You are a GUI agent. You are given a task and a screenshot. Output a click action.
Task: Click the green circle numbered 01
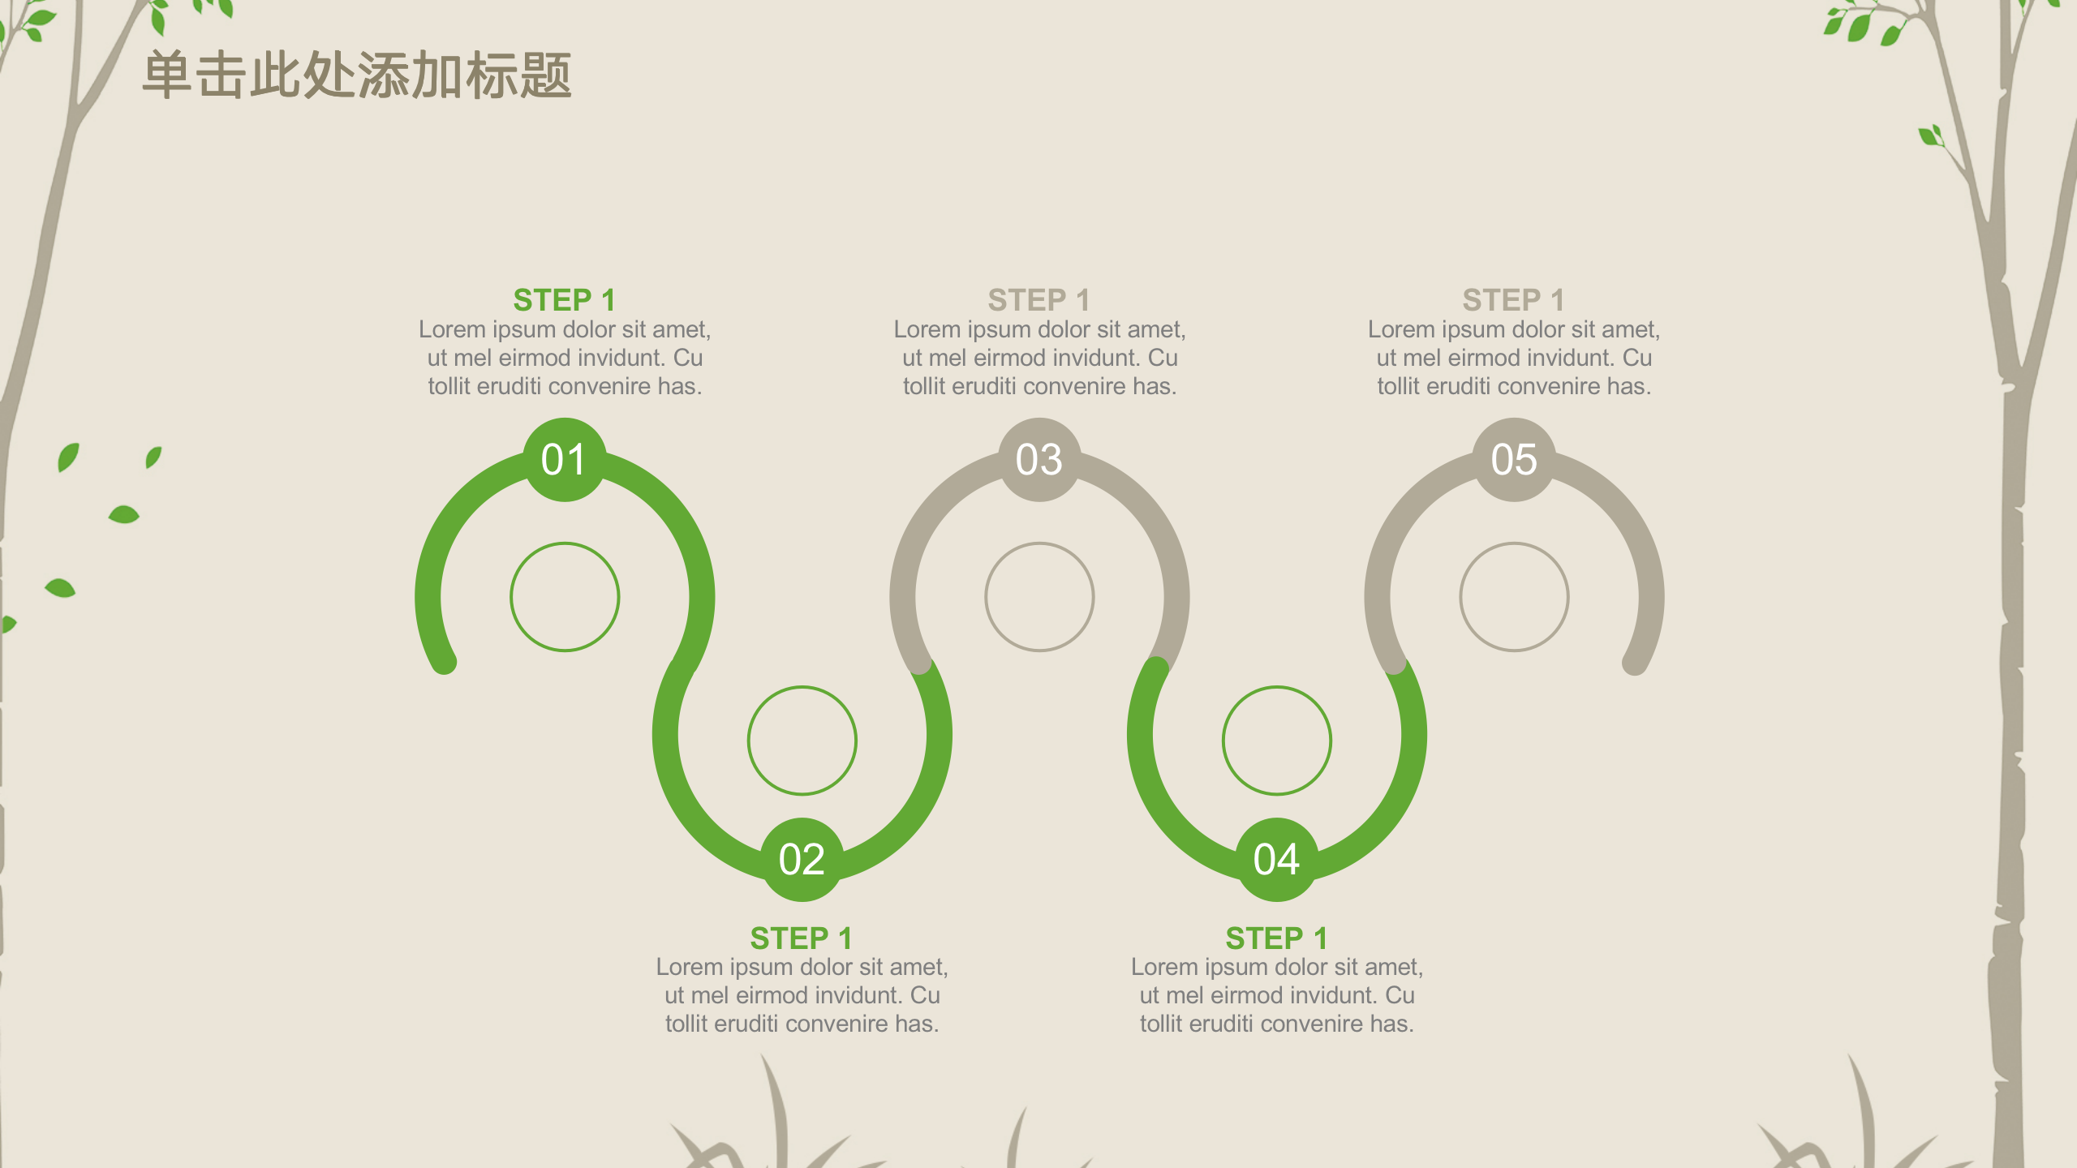click(565, 460)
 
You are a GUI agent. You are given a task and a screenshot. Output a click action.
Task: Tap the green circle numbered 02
click(802, 860)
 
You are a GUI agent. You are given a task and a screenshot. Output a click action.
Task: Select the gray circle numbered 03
click(1039, 460)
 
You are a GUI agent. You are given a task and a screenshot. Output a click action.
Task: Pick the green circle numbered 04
click(1276, 860)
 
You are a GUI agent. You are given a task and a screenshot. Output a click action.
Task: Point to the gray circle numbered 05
click(1514, 460)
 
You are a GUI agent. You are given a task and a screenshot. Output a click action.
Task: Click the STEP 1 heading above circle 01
click(565, 300)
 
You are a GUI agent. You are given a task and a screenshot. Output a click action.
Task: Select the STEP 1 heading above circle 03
click(1039, 300)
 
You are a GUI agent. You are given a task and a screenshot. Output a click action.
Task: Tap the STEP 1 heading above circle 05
click(1514, 300)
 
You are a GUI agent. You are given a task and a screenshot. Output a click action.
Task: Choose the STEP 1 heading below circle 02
click(802, 938)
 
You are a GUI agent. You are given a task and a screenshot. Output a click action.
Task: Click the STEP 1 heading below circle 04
click(1276, 938)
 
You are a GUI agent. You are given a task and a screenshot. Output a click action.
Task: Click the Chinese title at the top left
click(357, 75)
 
